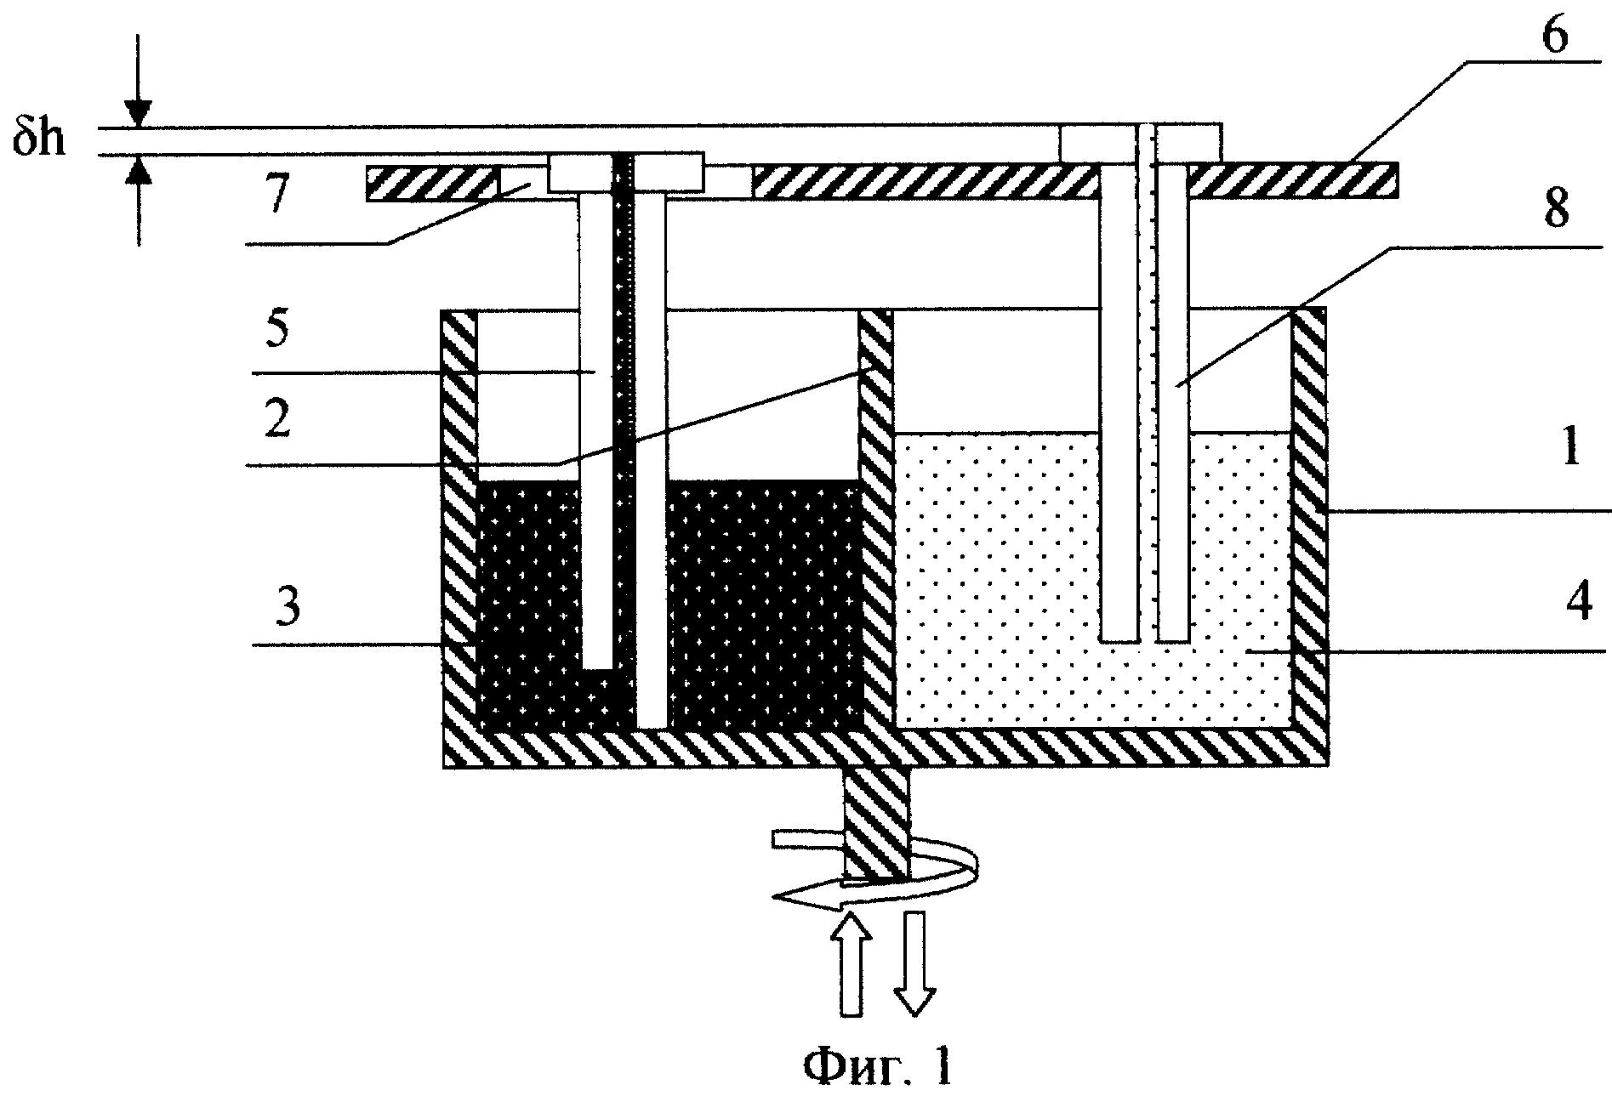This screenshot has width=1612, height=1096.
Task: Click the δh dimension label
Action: [38, 137]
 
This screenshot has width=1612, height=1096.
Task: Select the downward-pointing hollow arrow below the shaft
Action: [914, 963]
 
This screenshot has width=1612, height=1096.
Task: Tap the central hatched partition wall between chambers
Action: [875, 519]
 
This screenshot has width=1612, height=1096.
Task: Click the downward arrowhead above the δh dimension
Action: [137, 113]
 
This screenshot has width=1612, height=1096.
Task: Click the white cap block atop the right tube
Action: [1140, 143]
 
